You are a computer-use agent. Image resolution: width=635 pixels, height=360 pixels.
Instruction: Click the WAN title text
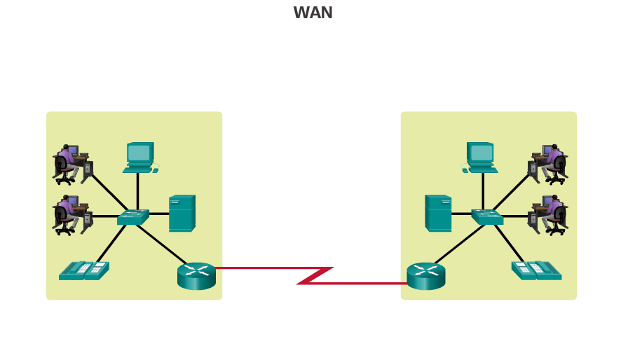313,13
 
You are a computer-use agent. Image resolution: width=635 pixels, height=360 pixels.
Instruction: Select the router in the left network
196,276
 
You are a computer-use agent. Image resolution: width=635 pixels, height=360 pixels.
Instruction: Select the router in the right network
426,276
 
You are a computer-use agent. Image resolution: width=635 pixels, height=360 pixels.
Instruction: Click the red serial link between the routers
313,275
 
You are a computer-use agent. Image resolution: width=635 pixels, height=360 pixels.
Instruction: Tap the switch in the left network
133,217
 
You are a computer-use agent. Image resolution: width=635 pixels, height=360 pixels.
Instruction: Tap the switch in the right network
487,217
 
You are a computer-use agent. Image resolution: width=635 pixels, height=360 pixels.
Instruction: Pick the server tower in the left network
182,213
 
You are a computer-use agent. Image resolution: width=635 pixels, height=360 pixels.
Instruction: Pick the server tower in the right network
438,213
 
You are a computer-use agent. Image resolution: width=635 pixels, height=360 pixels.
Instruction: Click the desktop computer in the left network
139,158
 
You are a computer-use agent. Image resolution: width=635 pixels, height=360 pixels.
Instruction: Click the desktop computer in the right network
481,158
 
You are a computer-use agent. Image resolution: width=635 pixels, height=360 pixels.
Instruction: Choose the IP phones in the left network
84,270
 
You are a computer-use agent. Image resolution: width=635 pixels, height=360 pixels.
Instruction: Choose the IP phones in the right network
536,270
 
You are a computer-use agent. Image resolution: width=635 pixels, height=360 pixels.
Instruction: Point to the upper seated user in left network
72,164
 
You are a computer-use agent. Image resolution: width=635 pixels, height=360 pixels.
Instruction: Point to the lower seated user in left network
72,214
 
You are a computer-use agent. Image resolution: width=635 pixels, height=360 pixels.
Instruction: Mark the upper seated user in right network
549,164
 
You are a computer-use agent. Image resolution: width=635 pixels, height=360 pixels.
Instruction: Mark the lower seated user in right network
549,214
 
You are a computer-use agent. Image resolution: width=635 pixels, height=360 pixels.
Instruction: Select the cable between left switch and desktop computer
137,191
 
